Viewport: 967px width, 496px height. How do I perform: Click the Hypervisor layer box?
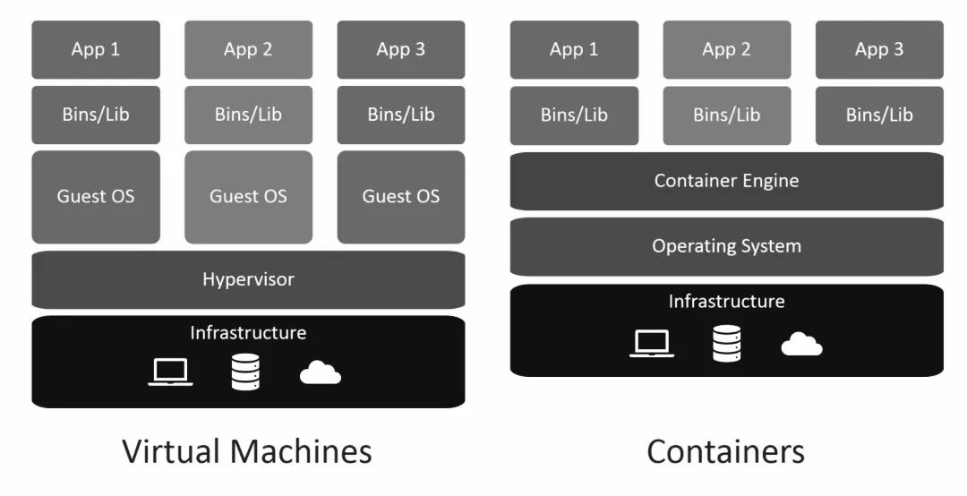[248, 279]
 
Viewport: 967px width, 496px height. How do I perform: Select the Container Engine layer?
[726, 181]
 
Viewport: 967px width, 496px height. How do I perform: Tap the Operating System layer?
[726, 246]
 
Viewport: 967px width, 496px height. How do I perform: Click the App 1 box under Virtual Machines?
[96, 49]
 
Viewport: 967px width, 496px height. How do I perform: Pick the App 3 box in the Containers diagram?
[879, 49]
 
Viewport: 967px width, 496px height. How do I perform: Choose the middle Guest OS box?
[248, 196]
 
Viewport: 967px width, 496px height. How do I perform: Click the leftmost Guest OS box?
[96, 196]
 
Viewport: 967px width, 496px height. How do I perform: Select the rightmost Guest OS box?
[401, 196]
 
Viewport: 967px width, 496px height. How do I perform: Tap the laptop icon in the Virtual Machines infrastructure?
[170, 372]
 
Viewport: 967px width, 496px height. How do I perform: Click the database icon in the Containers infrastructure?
[726, 343]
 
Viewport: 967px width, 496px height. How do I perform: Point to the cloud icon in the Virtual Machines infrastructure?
[320, 372]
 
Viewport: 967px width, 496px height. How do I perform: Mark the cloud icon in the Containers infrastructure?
[801, 344]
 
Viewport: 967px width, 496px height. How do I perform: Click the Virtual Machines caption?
[247, 451]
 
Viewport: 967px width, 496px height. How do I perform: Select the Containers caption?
[725, 451]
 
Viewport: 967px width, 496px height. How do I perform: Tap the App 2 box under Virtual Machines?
[248, 49]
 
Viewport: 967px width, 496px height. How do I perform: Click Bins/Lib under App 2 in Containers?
[726, 115]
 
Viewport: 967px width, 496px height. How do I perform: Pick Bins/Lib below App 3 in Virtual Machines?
[401, 115]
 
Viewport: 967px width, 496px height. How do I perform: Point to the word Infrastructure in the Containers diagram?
[726, 301]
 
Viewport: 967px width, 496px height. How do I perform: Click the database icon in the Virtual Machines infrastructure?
[244, 372]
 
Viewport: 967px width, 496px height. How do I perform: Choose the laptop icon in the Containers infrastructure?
[651, 343]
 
